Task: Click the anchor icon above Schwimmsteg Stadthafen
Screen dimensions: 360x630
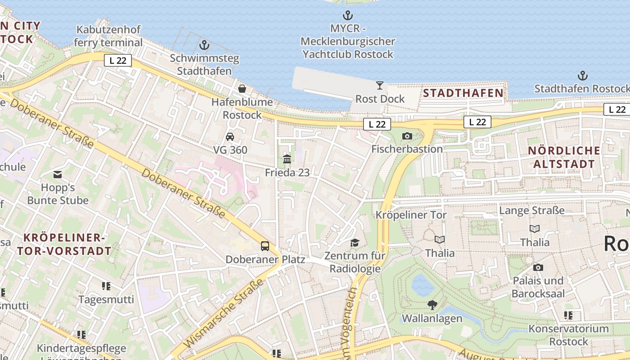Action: point(204,45)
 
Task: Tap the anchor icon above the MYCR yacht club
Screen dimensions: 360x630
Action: point(347,16)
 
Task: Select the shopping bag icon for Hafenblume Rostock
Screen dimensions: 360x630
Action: point(242,89)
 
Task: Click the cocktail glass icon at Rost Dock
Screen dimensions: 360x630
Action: point(380,85)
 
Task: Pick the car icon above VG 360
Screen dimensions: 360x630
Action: point(230,136)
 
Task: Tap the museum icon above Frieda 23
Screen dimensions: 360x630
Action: point(287,159)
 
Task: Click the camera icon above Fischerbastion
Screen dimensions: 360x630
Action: point(407,135)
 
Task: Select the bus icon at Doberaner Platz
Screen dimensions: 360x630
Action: point(265,246)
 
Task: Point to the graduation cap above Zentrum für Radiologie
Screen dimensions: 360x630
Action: point(355,243)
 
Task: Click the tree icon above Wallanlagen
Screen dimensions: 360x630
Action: point(432,305)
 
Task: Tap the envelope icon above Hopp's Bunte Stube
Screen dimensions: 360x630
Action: point(58,174)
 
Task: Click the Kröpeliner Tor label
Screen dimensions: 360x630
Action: point(411,215)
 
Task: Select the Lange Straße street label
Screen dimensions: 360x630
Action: point(532,211)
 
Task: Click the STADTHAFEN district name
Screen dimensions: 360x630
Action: point(463,93)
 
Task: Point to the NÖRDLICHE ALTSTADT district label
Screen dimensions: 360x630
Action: point(564,157)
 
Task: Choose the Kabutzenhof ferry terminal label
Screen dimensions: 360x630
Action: point(108,36)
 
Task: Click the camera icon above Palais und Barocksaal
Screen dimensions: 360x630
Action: point(538,268)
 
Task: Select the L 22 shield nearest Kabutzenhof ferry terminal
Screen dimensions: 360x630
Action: point(118,60)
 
